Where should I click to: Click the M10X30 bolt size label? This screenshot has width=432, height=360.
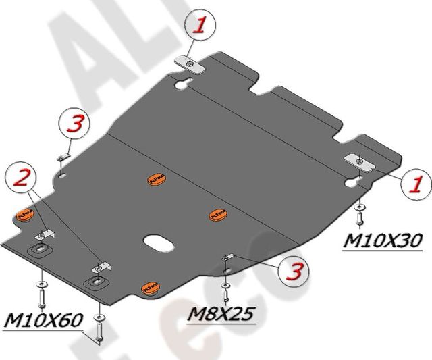pyautogui.click(x=382, y=240)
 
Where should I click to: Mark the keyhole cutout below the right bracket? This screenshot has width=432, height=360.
pyautogui.click(x=352, y=182)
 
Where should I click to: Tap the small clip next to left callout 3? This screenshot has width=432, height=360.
pyautogui.click(x=61, y=158)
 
